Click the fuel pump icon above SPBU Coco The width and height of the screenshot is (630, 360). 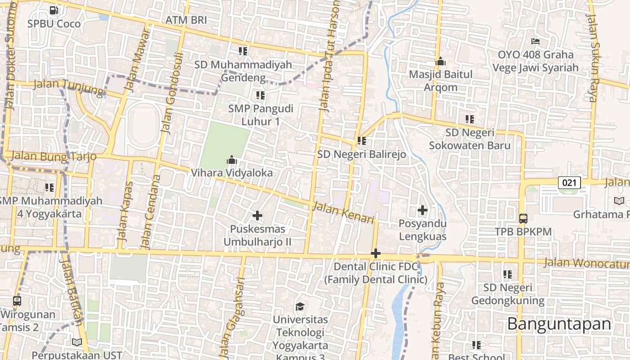point(54,10)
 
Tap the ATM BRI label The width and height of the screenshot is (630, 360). point(186,20)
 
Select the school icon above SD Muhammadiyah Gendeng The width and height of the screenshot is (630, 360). point(243,51)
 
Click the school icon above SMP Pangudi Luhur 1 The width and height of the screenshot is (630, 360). point(261,95)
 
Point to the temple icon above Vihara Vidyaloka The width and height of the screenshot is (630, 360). point(232,160)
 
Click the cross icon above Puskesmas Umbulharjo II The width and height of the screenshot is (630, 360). point(257,216)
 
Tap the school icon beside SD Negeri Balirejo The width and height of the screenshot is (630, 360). point(361,141)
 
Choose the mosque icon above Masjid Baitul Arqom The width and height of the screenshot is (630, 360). point(440,61)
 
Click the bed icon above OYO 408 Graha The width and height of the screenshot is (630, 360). point(535,41)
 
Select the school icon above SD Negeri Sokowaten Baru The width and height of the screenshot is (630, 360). point(470,119)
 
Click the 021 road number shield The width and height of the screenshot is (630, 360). point(569,182)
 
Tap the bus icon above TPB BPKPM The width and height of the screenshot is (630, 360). point(523,219)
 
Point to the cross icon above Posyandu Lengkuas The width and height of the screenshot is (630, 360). point(423,210)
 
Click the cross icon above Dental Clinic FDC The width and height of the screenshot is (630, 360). point(376,253)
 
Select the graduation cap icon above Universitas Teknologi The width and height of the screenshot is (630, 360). point(300,307)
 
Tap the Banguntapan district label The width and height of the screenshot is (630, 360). point(559,324)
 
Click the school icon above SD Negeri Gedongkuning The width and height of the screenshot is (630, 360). point(508,274)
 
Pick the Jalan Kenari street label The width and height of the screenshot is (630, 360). point(343,212)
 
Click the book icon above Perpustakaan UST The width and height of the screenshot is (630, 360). point(77,342)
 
